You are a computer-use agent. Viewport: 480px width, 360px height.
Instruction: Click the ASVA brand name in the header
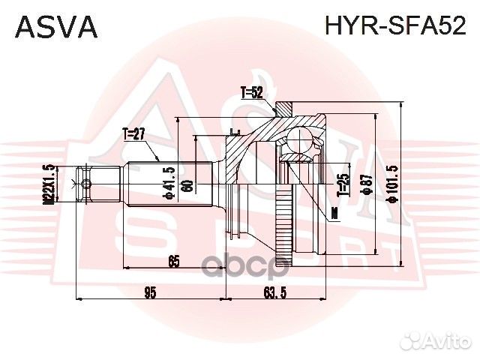pyautogui.click(x=56, y=25)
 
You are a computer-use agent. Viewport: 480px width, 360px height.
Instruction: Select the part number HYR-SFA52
pyautogui.click(x=394, y=25)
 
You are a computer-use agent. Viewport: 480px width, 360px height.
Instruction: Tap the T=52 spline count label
pyautogui.click(x=252, y=93)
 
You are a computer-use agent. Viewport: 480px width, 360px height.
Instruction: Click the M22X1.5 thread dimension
pyautogui.click(x=48, y=184)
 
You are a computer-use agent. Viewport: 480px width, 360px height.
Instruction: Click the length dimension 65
pyautogui.click(x=173, y=261)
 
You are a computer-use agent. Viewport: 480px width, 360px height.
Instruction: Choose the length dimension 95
pyautogui.click(x=150, y=292)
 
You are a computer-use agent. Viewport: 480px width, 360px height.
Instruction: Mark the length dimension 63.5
pyautogui.click(x=274, y=292)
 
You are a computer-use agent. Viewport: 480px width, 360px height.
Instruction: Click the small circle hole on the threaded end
pyautogui.click(x=86, y=184)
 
